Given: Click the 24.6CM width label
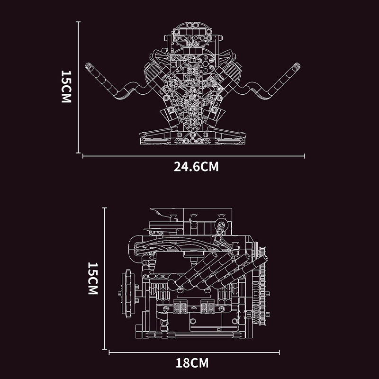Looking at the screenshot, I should point(196,167).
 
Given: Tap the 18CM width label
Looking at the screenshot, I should point(192,363).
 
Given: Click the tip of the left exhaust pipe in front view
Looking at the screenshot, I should point(88,66).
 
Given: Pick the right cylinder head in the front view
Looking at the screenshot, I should point(230,71).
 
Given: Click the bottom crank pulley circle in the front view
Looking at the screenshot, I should point(193,123).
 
